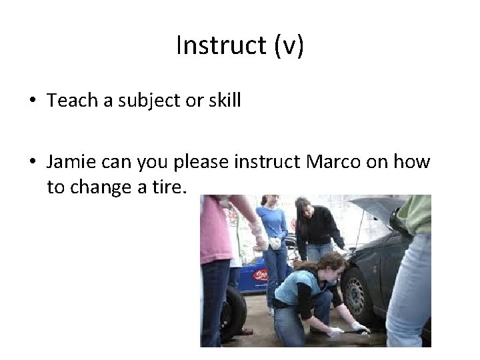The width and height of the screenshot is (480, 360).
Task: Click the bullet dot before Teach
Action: (32, 101)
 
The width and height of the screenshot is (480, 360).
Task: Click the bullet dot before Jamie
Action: (32, 162)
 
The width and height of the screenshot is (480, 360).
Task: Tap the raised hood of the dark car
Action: (377, 207)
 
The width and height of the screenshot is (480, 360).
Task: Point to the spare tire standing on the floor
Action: (234, 313)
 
